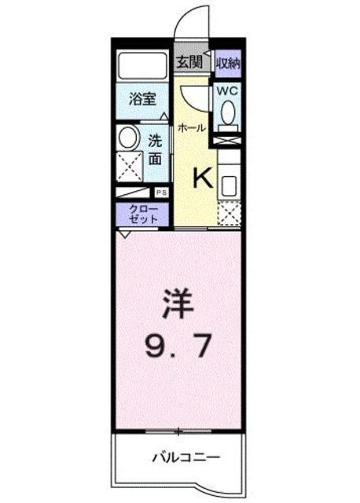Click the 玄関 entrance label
click(x=189, y=63)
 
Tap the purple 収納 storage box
click(x=228, y=64)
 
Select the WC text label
click(x=227, y=91)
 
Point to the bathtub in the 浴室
click(x=142, y=64)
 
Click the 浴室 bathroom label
click(x=142, y=99)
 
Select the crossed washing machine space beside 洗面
click(x=129, y=167)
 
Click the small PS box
click(x=161, y=193)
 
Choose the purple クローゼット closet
click(x=142, y=215)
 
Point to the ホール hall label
click(x=191, y=128)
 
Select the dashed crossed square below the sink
click(x=229, y=213)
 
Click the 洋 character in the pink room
click(x=178, y=303)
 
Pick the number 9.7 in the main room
click(x=178, y=346)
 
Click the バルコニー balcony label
click(x=186, y=457)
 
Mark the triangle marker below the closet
click(x=124, y=233)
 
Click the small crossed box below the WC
click(x=228, y=141)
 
